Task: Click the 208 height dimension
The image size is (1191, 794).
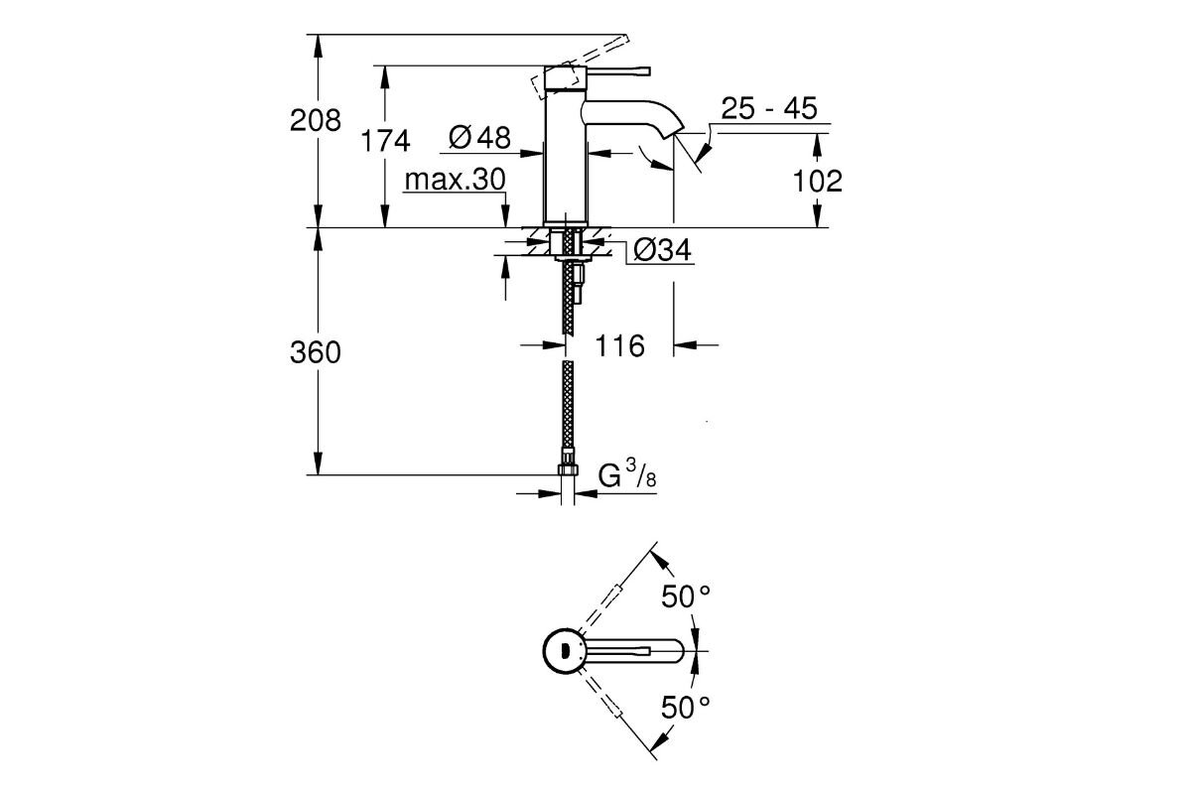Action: pos(315,121)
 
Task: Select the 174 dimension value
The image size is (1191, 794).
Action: pos(384,142)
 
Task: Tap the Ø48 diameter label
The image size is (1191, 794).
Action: pos(479,138)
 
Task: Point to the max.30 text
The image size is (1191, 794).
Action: pos(456,180)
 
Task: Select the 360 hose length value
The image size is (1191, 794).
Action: pos(315,352)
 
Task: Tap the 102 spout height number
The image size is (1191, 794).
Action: pos(818,181)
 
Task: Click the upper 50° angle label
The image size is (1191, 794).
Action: pos(687,596)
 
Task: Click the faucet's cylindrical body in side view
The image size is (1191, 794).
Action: pos(566,159)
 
